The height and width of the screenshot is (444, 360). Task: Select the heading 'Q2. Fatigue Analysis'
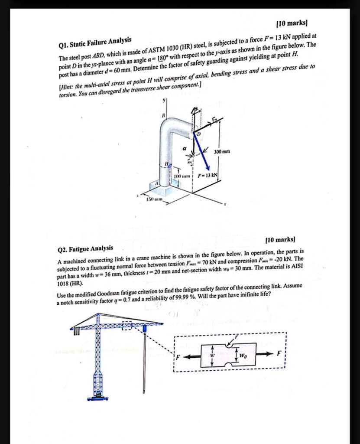pyautogui.click(x=85, y=248)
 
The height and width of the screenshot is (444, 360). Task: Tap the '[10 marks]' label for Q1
pyautogui.click(x=295, y=22)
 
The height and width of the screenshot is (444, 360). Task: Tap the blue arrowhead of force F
pyautogui.click(x=208, y=168)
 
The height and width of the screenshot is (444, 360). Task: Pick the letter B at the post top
pyautogui.click(x=163, y=116)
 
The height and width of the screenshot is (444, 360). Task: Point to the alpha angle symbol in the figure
pyautogui.click(x=185, y=148)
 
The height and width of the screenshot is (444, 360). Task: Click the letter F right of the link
pyautogui.click(x=279, y=354)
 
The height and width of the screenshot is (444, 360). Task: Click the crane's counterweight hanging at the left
pyautogui.click(x=77, y=331)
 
